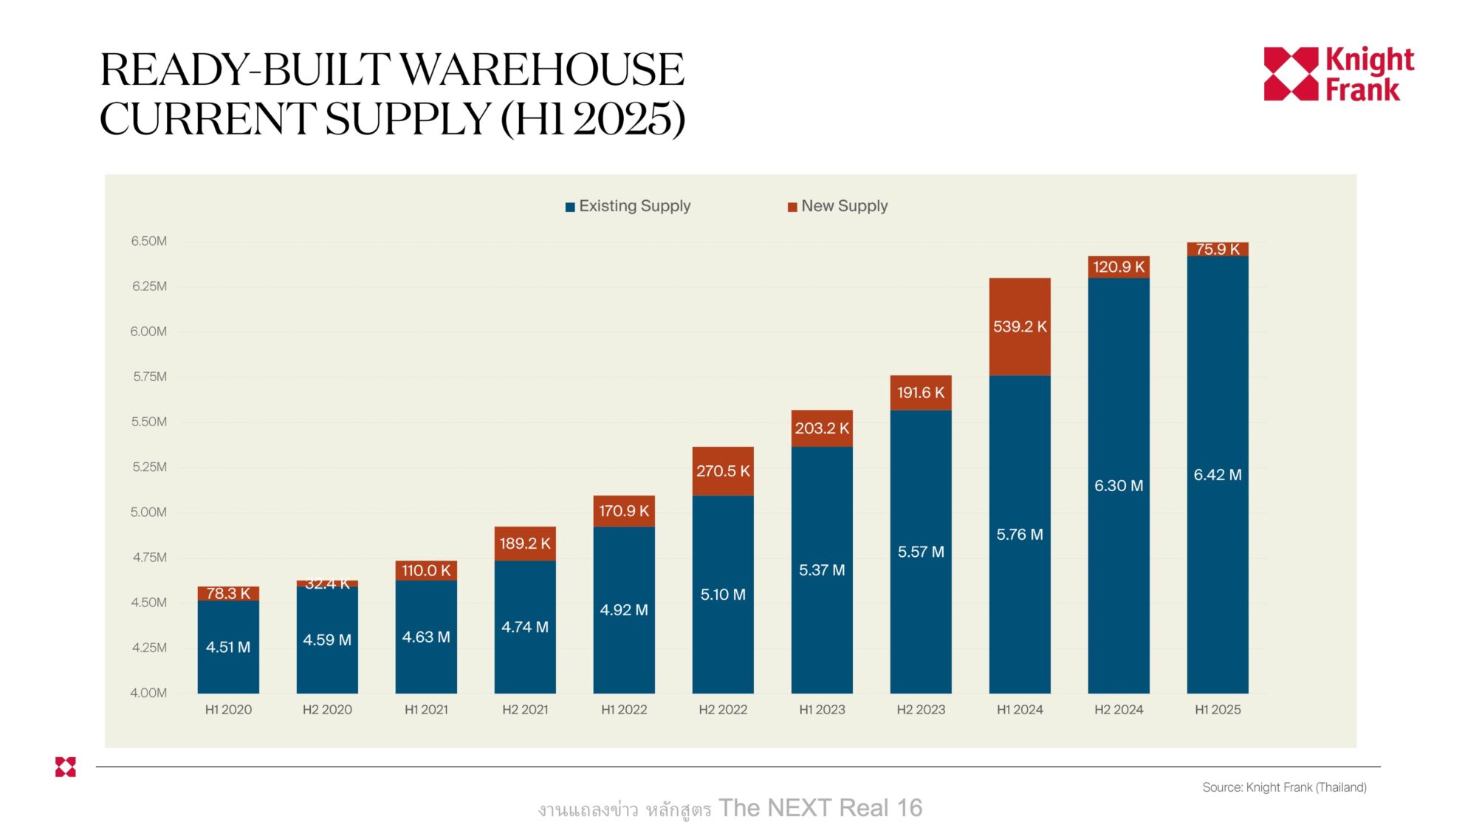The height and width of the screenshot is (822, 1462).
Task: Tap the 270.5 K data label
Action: tap(722, 471)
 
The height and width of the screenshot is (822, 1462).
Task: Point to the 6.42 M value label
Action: tap(1217, 475)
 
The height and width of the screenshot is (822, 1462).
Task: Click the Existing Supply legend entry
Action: tap(628, 206)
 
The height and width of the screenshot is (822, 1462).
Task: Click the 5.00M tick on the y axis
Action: tap(148, 512)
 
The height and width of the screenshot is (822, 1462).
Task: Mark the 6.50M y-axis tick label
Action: tap(148, 241)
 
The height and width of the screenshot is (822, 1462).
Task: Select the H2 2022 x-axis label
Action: tap(722, 710)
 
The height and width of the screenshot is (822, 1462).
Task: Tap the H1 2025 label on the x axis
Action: tap(1217, 710)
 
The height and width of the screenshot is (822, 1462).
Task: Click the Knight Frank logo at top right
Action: tap(1338, 74)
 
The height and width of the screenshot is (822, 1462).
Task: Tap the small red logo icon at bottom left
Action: tap(66, 767)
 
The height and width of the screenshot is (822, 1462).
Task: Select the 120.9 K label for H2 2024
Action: tap(1118, 267)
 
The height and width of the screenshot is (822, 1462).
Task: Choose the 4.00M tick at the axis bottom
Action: tap(148, 693)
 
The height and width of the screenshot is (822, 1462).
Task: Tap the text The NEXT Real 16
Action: tap(820, 808)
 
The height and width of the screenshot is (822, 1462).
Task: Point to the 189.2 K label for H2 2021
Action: tap(524, 544)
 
